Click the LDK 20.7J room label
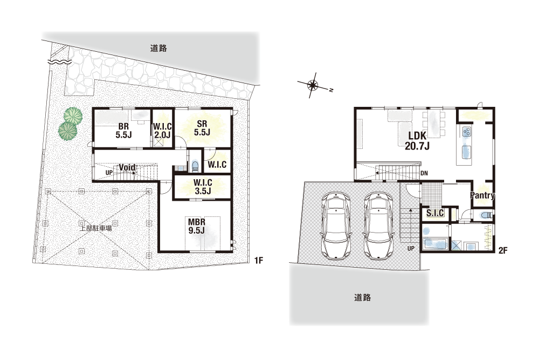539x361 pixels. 417,141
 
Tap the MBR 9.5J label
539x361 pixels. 197,226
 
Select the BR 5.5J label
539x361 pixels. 124,131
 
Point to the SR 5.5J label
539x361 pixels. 202,128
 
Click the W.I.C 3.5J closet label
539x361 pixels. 203,186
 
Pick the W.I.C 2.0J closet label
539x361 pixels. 162,131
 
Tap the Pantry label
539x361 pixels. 482,195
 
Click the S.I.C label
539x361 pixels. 435,213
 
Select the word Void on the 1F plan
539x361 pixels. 127,168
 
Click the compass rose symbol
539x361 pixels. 312,85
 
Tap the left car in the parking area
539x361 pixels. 336,226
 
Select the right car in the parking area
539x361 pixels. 378,226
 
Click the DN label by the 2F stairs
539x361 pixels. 424,173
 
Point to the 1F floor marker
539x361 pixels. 259,261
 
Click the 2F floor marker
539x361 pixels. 502,250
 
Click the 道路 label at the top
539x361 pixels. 158,48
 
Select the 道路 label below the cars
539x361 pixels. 363,297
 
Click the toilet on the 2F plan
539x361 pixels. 486,215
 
